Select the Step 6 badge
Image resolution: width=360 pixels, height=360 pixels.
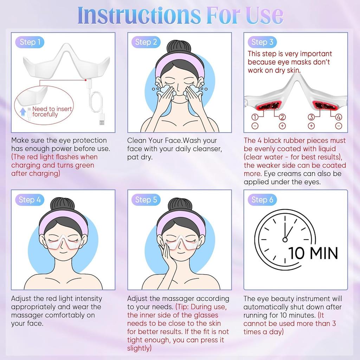click(262, 200)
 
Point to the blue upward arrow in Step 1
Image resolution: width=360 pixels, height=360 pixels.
click(24, 112)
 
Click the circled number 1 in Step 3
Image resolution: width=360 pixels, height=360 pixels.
click(255, 117)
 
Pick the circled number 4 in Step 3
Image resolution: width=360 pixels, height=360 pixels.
click(338, 117)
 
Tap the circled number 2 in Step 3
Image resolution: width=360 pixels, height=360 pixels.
click(282, 117)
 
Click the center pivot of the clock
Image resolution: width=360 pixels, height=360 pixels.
click(285, 239)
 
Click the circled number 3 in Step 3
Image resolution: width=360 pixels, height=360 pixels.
click(311, 117)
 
